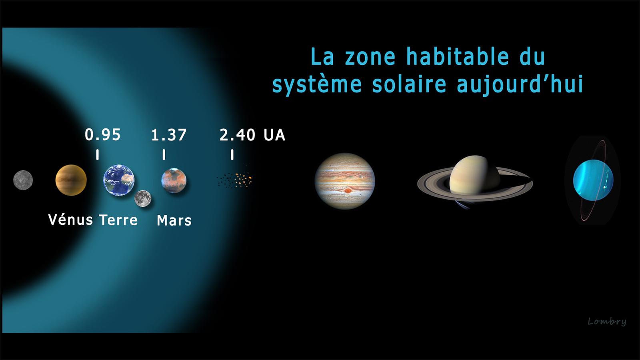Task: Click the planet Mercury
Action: click(23, 180)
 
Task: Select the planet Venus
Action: click(71, 180)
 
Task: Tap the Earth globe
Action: click(118, 180)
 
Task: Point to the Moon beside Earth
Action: click(143, 198)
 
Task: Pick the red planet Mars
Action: click(174, 180)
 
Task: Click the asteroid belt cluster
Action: click(234, 180)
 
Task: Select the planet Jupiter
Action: click(344, 181)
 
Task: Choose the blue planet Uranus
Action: click(593, 180)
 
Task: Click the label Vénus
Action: click(70, 220)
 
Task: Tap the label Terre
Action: click(118, 220)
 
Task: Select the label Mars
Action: click(174, 220)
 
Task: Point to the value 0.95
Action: click(102, 135)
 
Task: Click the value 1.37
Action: click(168, 135)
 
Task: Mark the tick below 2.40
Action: click(232, 154)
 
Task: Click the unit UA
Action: click(274, 135)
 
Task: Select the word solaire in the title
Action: click(409, 84)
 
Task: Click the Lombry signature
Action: click(607, 322)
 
